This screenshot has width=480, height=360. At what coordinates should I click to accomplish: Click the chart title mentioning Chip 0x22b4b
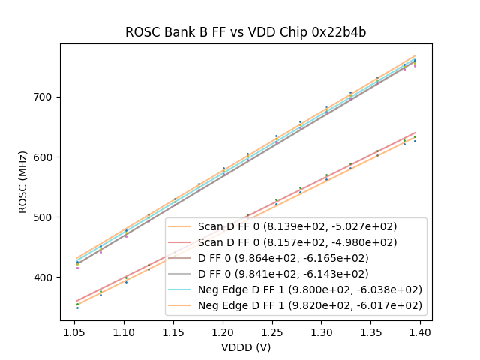click(245, 32)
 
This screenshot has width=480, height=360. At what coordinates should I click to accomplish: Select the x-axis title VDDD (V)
click(246, 346)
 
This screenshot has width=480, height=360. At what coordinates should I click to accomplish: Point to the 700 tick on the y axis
click(45, 97)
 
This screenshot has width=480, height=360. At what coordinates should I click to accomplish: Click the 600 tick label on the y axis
click(45, 157)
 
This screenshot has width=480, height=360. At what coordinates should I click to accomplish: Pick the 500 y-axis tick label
click(45, 217)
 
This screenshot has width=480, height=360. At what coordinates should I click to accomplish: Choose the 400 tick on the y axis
click(45, 277)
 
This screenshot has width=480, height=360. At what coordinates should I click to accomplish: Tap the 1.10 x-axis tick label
click(124, 331)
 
